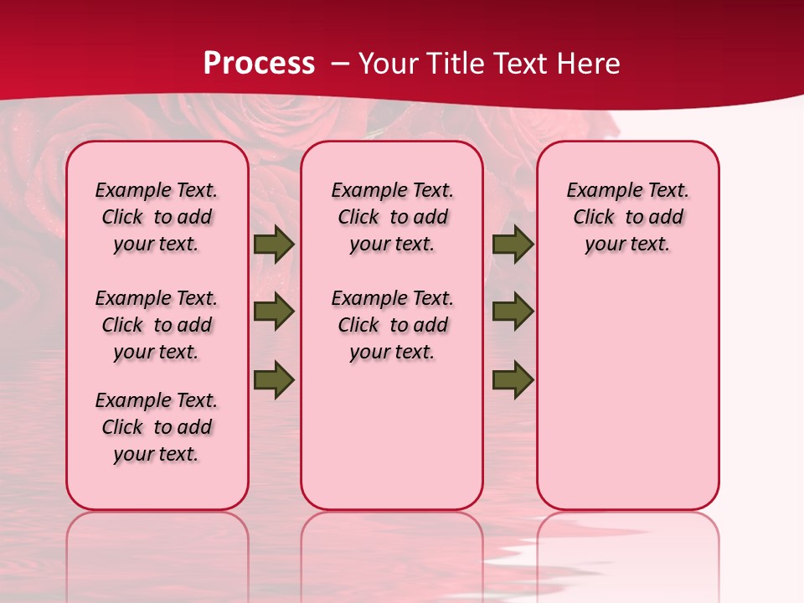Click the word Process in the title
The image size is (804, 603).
coord(259,63)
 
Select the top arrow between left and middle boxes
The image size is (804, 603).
coord(274,245)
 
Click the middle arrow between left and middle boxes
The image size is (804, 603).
coord(274,312)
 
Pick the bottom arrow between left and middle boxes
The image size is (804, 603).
coord(274,379)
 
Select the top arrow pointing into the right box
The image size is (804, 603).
coord(513,245)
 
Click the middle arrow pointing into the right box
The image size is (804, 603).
coord(513,312)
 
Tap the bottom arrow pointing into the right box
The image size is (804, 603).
coord(513,379)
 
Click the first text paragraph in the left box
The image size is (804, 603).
coord(157,217)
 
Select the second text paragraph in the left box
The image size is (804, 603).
coord(157,325)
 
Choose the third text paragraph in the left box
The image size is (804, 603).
coord(157,427)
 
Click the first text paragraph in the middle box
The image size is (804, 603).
coord(392,217)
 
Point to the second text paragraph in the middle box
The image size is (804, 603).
coord(392,325)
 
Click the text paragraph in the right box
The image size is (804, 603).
coord(628,217)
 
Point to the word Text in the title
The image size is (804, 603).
coord(522,64)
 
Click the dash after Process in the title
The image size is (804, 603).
coord(340,64)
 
